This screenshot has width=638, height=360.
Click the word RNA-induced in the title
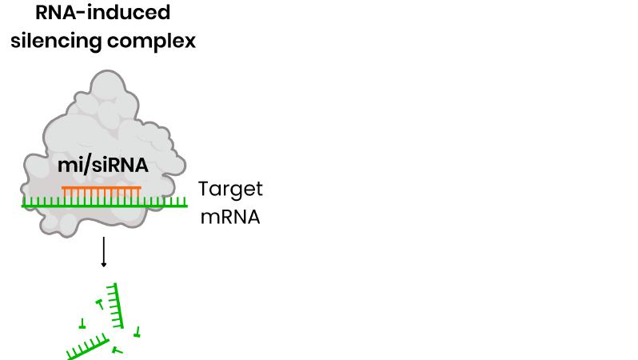(102, 13)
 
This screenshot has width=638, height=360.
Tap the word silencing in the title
(54, 41)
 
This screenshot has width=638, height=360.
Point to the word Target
(229, 190)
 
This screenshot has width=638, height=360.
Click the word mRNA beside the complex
(229, 217)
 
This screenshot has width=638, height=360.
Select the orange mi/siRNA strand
(102, 189)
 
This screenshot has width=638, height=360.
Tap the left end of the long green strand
(23, 206)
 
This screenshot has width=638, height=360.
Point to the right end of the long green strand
(186, 206)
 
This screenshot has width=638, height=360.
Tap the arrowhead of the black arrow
(103, 265)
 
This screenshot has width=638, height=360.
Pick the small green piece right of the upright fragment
(138, 330)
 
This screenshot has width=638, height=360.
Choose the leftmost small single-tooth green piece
(82, 324)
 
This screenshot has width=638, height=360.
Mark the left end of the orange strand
(63, 189)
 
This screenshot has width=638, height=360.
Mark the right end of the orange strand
(140, 189)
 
